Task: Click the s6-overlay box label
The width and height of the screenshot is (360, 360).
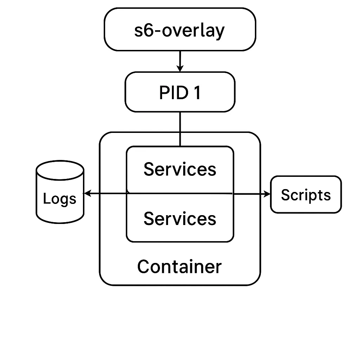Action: pyautogui.click(x=180, y=31)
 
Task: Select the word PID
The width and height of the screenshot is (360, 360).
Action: pyautogui.click(x=172, y=93)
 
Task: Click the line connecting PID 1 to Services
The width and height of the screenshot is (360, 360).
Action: pyautogui.click(x=180, y=129)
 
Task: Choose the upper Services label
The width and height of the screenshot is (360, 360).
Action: pyautogui.click(x=180, y=169)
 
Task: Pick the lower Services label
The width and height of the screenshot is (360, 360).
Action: pyautogui.click(x=180, y=218)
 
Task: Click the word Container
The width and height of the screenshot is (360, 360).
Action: pyautogui.click(x=179, y=266)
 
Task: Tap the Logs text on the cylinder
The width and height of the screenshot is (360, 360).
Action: pyautogui.click(x=59, y=199)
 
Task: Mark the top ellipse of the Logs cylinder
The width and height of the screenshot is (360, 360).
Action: pyautogui.click(x=60, y=168)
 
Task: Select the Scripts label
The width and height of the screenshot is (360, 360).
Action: pyautogui.click(x=306, y=195)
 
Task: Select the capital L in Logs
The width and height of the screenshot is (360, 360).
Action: pyautogui.click(x=46, y=199)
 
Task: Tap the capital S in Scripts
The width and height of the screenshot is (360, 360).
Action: pyautogui.click(x=285, y=195)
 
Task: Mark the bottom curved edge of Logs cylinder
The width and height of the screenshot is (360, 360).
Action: pyautogui.click(x=60, y=220)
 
